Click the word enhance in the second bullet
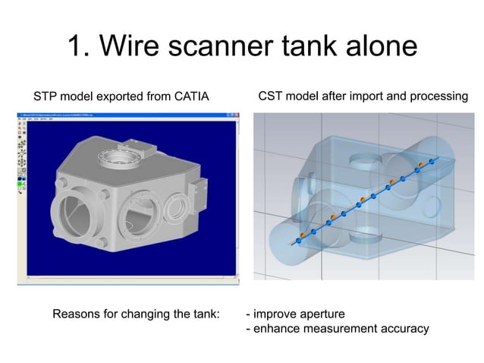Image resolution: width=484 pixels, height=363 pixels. pyautogui.click(x=275, y=329)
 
